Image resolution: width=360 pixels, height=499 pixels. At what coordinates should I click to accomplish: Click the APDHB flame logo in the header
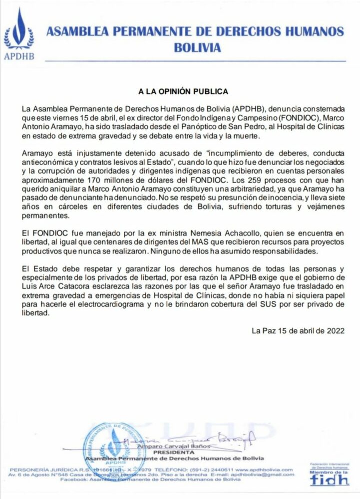(19, 30)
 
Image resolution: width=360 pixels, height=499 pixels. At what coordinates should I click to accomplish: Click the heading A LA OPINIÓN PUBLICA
(183, 92)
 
